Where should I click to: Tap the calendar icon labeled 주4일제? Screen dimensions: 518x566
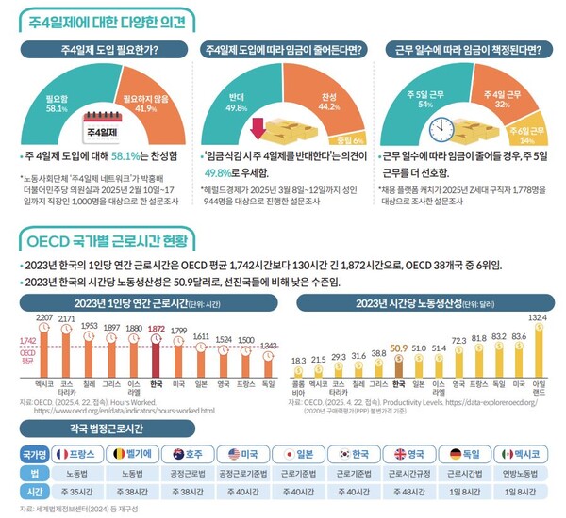(100, 123)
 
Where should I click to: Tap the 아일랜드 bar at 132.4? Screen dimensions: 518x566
(539, 349)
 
